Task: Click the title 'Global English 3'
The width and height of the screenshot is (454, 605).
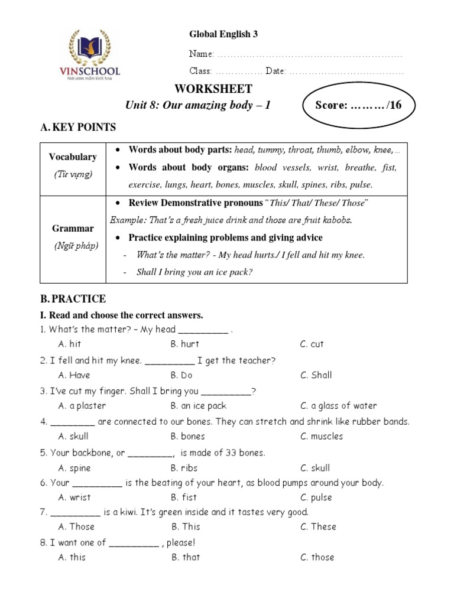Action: [223, 34]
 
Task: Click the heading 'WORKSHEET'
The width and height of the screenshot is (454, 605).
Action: [213, 89]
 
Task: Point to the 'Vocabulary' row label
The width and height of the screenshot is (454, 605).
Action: [73, 157]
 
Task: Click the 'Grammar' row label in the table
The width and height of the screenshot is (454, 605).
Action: [73, 228]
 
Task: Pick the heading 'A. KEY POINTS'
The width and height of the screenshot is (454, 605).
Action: [78, 127]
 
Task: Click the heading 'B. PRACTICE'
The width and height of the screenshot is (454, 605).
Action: [73, 299]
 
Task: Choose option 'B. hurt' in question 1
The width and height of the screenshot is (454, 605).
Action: [184, 344]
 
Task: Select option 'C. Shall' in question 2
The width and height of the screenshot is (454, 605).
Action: [316, 375]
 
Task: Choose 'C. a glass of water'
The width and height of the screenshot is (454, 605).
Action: [338, 406]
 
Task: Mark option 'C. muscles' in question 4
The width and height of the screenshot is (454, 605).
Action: [321, 437]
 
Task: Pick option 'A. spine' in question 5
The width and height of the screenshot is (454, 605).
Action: [74, 468]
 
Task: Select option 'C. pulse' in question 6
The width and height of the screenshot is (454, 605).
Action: [316, 497]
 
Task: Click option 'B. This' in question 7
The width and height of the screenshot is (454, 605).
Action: [186, 526]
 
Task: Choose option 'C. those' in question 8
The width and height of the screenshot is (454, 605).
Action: [317, 557]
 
